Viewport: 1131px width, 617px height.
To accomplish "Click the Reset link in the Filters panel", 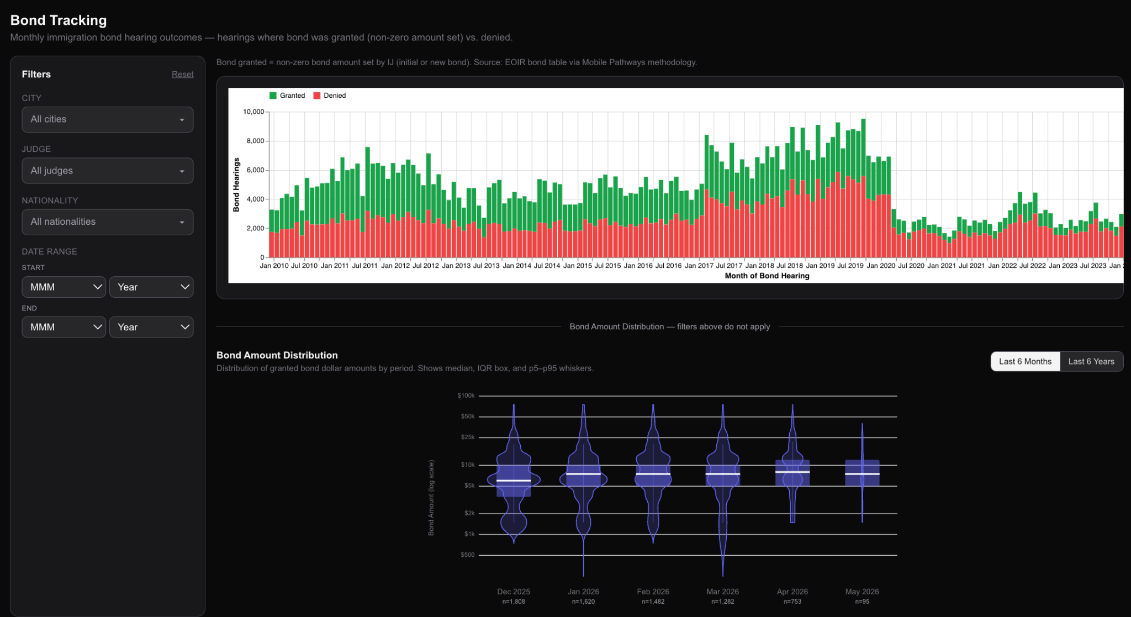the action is [x=182, y=75].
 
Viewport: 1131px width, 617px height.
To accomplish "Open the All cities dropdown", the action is [x=108, y=119].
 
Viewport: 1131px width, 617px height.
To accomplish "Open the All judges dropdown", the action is [x=108, y=171].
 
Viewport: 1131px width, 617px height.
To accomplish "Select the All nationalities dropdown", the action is [x=108, y=222].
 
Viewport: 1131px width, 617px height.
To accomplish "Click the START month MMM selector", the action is [x=64, y=287].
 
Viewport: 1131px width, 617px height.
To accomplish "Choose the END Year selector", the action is [x=151, y=327].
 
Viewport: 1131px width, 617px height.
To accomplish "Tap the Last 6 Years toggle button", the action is [x=1091, y=362].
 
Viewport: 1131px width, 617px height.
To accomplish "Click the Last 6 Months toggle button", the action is [x=1025, y=362].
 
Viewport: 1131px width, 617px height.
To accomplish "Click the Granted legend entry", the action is [x=287, y=96].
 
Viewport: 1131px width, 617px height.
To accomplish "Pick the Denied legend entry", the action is [x=330, y=96].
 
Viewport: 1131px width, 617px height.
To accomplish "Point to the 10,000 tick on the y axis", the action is [x=253, y=112].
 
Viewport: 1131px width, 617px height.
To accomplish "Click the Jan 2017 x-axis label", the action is [x=699, y=266].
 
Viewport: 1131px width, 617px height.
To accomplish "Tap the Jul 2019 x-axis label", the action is [x=850, y=266].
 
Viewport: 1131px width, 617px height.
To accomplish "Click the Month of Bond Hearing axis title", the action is [x=767, y=276].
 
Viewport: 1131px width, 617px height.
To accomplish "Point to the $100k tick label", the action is [x=466, y=395].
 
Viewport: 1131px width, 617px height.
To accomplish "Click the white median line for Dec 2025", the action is [x=514, y=481].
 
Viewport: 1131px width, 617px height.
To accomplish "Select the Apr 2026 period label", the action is [x=792, y=592].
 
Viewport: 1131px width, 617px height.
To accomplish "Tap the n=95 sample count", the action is [x=862, y=602].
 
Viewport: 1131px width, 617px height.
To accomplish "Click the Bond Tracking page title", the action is [x=59, y=20].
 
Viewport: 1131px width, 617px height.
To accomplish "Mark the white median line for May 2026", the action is [x=862, y=474].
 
